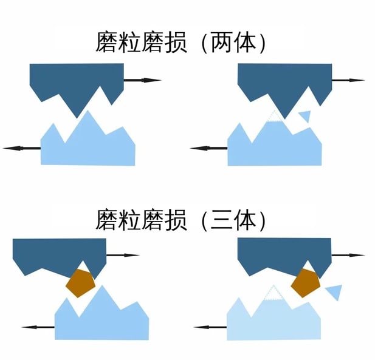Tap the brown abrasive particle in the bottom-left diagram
81,282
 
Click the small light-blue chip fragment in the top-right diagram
304,115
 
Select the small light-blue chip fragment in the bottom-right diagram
333,292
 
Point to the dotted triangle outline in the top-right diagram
275,117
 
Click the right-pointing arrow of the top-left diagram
142,80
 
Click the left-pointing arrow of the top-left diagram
21,148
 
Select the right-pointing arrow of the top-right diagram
348,80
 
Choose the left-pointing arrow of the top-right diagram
208,148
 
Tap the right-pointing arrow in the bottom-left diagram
123,255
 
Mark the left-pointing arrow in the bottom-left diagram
38,327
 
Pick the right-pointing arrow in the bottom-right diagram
348,255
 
